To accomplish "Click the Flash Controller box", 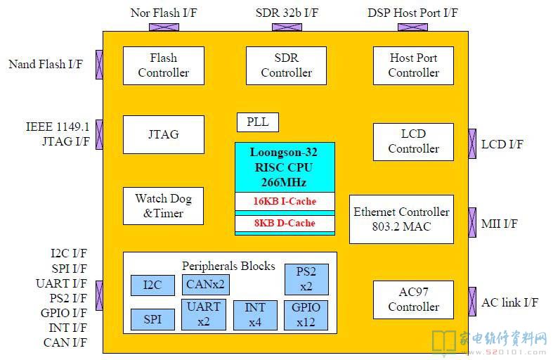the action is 164,65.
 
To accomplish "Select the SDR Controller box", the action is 287,65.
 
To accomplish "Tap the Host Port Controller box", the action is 413,65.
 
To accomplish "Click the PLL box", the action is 258,122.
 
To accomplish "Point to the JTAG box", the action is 164,134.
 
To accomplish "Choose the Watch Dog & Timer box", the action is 163,206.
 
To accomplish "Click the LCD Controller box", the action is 413,142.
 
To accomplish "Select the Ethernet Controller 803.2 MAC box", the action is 401,219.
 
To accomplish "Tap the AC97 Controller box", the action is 413,300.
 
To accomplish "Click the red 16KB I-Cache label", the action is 285,201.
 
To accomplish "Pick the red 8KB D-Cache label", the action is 285,223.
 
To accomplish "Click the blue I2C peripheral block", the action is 152,285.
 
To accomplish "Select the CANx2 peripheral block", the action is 206,285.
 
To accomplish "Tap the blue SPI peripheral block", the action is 152,319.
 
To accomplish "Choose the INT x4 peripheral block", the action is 255,315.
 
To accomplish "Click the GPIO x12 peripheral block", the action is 306,315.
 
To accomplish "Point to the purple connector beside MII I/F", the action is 472,222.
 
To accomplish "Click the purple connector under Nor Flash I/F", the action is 164,27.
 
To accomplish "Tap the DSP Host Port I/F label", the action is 412,13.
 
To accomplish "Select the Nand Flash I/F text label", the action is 46,64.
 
